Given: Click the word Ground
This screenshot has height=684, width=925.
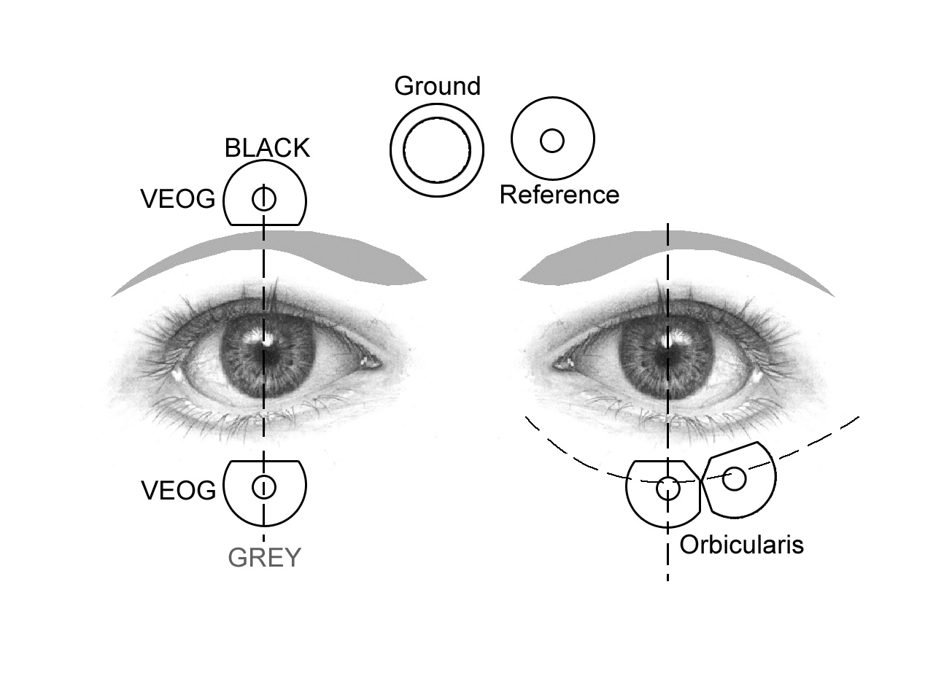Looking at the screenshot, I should (x=437, y=86).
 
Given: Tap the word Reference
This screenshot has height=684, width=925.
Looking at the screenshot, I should (x=559, y=195).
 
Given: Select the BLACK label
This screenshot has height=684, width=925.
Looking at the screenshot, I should (x=267, y=148).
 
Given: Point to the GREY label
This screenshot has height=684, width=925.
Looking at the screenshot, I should (x=264, y=558).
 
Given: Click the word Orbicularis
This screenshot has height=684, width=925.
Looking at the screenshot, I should (x=741, y=544).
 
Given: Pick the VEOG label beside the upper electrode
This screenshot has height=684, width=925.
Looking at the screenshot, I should (x=178, y=199).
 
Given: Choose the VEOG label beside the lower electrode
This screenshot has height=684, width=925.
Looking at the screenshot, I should (x=178, y=491).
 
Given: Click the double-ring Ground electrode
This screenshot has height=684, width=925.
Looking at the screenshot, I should (x=436, y=150).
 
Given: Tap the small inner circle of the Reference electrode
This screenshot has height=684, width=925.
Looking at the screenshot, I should (x=552, y=140).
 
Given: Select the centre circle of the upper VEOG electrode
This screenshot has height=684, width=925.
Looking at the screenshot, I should (x=264, y=198).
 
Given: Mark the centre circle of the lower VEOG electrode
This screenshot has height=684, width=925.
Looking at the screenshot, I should (x=264, y=486).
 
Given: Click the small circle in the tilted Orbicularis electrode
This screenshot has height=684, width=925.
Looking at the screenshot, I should (x=734, y=479).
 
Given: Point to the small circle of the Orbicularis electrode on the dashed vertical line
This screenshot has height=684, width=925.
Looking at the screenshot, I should (x=667, y=489).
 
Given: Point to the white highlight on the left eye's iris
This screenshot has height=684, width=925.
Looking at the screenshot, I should (x=267, y=338).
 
